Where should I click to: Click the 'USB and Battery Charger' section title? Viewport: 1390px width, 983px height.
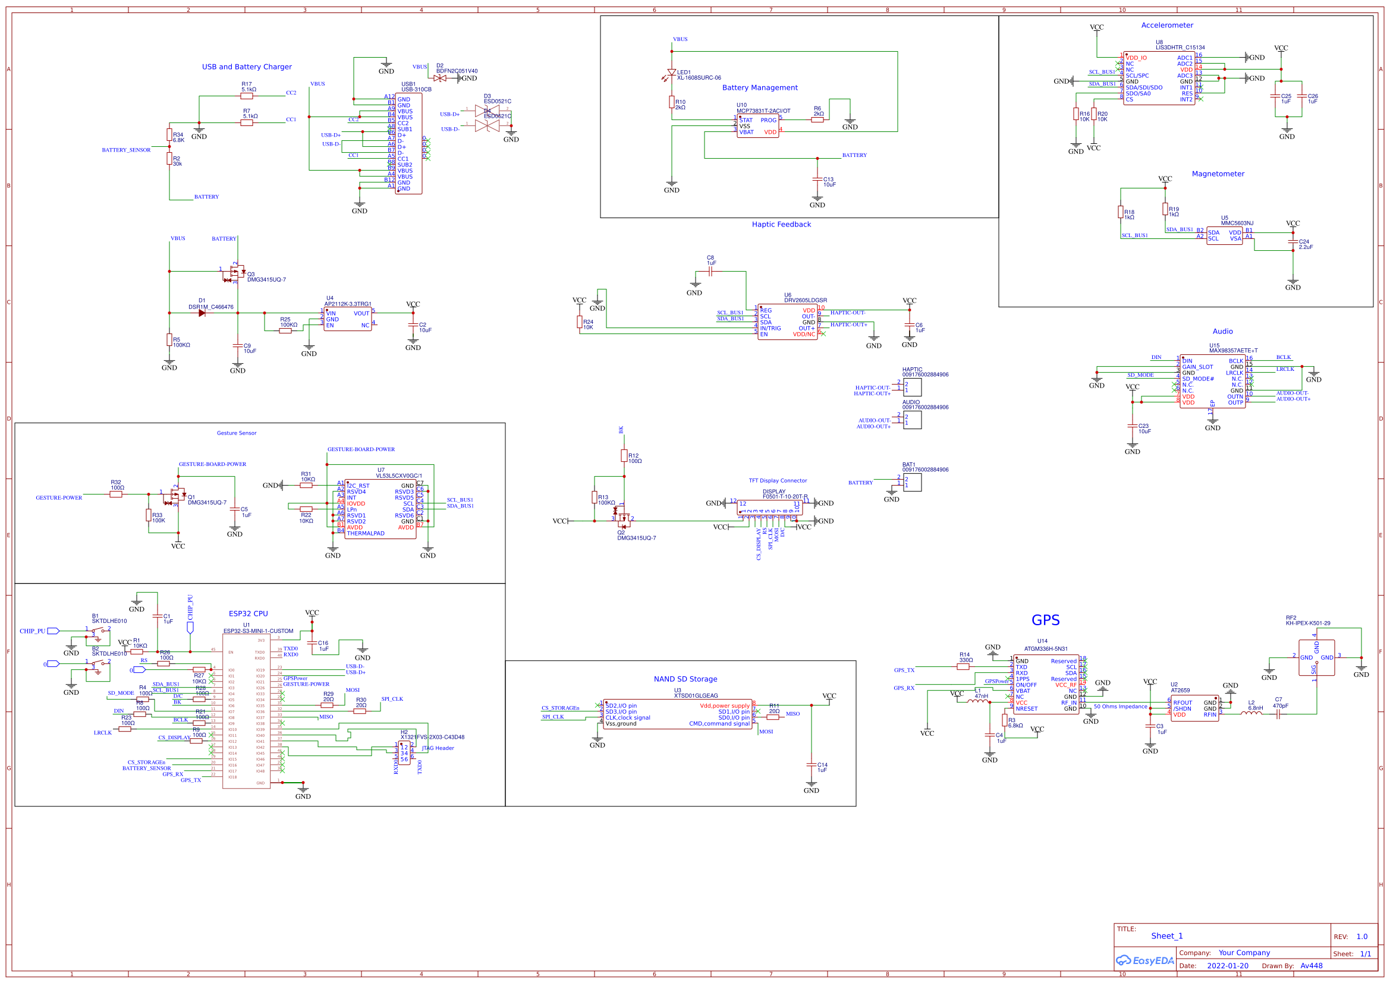(x=246, y=67)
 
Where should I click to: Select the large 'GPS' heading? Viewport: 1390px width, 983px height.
(x=1045, y=620)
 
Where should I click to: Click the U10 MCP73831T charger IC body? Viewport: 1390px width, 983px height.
(x=757, y=126)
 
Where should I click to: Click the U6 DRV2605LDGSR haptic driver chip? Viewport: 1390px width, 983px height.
(x=787, y=322)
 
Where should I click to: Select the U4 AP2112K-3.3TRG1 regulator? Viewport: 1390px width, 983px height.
(x=347, y=319)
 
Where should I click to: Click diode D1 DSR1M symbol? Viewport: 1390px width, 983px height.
(x=202, y=313)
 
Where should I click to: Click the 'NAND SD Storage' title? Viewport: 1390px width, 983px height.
(x=685, y=679)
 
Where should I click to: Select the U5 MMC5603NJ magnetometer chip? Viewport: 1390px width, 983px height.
(x=1224, y=235)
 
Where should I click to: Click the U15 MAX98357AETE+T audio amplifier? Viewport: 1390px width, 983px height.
(x=1212, y=382)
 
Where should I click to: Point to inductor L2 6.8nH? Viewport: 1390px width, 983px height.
(x=1251, y=714)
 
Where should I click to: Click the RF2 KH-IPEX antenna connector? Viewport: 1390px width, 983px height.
(x=1316, y=657)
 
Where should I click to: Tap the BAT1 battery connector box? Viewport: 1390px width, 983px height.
(x=913, y=483)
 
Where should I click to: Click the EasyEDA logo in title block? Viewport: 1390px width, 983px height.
(x=1144, y=960)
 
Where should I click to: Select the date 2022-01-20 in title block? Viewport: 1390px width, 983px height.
(x=1227, y=965)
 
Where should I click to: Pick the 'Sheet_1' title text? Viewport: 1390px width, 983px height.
(x=1166, y=936)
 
